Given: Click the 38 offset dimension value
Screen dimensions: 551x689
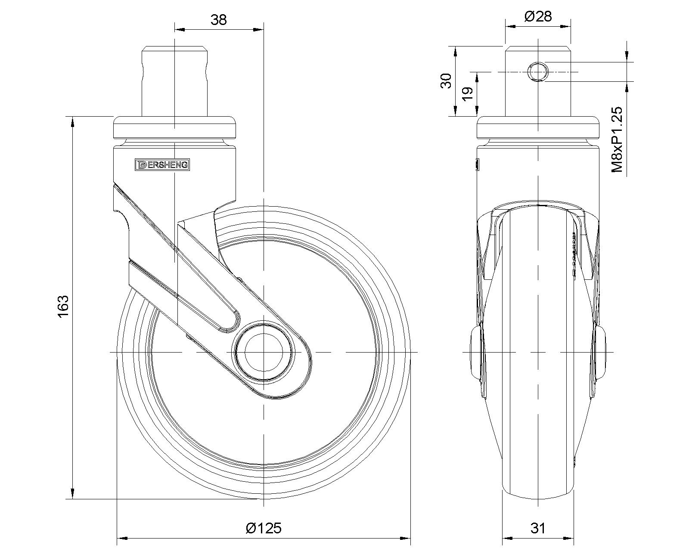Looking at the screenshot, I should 219,20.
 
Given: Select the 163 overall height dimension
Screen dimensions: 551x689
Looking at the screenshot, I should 63,306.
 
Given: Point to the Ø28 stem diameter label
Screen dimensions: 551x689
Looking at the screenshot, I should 538,16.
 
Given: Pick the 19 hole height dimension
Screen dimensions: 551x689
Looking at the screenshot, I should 468,94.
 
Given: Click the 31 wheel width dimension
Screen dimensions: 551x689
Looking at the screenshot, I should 538,528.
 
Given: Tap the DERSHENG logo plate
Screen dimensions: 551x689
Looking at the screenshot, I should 162,164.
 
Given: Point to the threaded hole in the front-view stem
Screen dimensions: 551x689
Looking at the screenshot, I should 538,71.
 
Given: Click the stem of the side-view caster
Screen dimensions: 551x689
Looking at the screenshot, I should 174,82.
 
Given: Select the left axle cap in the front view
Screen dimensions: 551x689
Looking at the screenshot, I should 475,353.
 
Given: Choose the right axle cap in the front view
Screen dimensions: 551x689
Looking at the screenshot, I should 600,353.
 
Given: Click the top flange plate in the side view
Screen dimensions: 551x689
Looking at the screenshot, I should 174,127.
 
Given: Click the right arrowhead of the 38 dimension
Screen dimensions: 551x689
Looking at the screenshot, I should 258,30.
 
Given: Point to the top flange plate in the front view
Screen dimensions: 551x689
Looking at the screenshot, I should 538,127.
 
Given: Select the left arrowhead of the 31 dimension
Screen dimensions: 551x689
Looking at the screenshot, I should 508,538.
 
